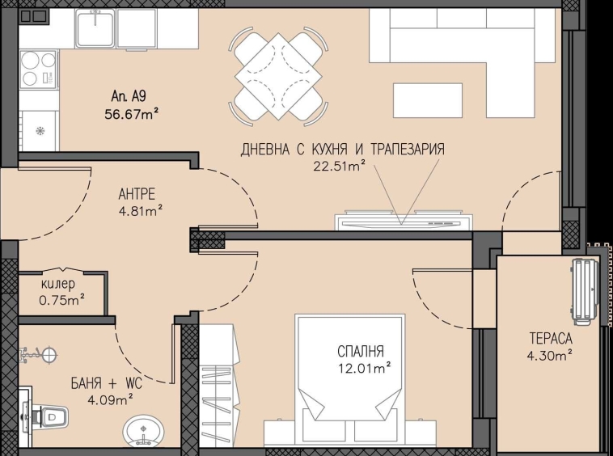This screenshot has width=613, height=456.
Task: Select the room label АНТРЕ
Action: click(x=136, y=193)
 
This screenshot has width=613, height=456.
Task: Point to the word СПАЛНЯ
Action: click(x=360, y=351)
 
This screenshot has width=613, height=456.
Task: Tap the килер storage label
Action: click(x=58, y=285)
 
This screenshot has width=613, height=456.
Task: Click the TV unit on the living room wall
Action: click(x=402, y=221)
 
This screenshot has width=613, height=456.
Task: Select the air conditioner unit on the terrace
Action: click(x=584, y=291)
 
